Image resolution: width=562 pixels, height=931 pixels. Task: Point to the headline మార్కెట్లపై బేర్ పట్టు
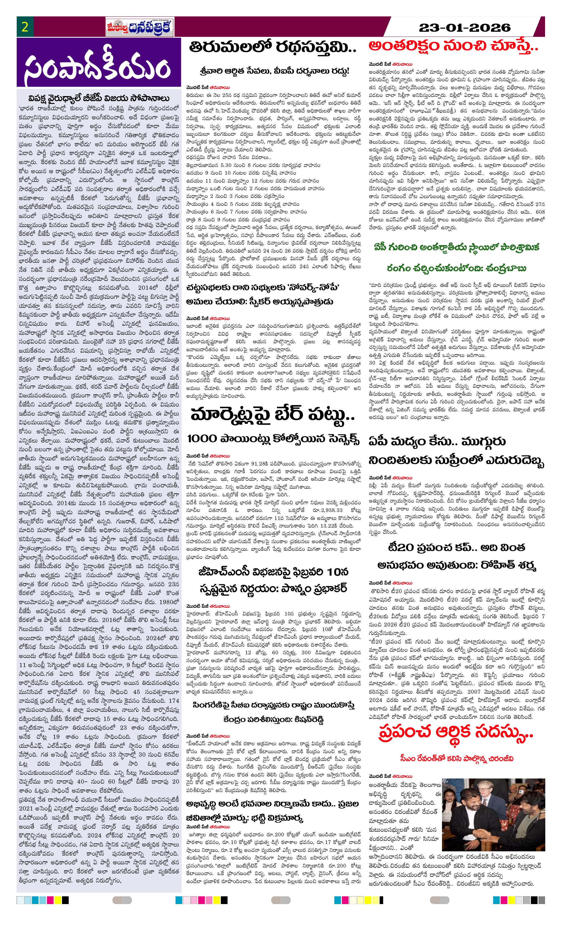point(273,415)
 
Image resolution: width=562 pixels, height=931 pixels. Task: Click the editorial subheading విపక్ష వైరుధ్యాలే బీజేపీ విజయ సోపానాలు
point(99,99)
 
